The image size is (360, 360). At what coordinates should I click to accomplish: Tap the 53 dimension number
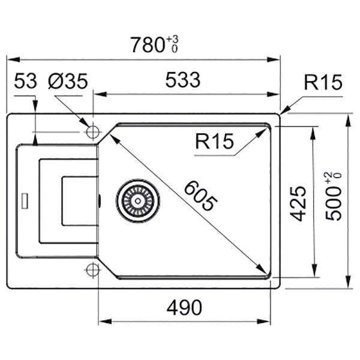25,80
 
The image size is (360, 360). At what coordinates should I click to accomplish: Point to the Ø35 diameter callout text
68,80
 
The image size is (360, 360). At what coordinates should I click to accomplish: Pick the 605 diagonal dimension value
198,196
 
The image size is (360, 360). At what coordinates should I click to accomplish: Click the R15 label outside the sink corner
322,82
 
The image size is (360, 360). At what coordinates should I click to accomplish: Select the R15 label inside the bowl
214,142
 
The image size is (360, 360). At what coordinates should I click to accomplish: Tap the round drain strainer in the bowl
139,199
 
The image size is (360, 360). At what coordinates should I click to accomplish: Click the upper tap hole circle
93,132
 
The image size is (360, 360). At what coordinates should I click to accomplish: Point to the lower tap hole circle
92,269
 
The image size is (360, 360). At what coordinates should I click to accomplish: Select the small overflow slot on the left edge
25,200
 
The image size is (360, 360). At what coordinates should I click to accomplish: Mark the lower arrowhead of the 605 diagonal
263,269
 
